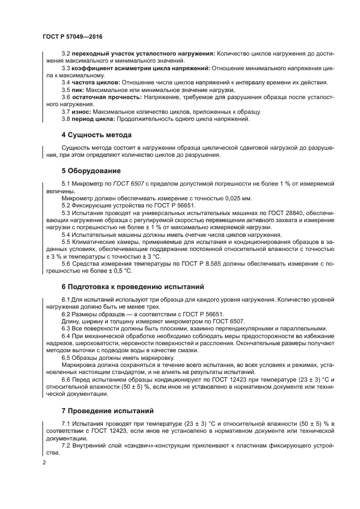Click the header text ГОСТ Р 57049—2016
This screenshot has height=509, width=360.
(x=72, y=36)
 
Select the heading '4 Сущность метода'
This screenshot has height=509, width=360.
(x=96, y=134)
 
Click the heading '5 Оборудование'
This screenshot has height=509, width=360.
(x=89, y=171)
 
